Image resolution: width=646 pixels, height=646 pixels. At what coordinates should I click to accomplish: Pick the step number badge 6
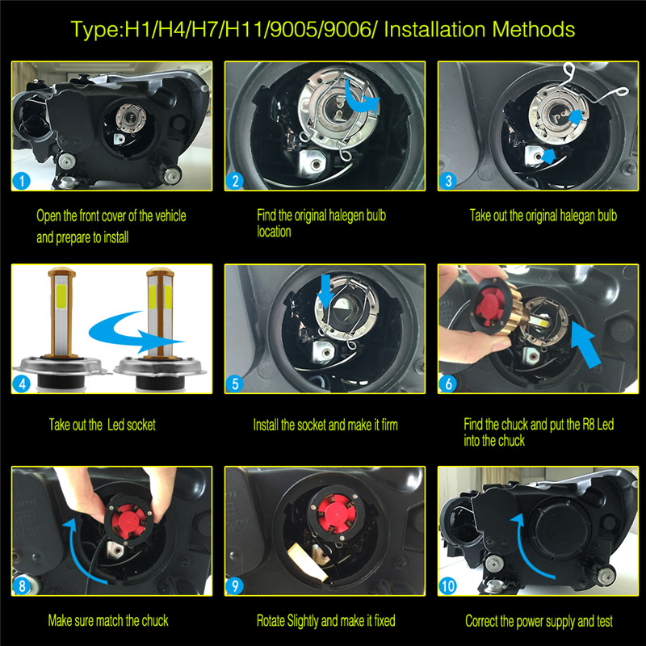[x=449, y=384]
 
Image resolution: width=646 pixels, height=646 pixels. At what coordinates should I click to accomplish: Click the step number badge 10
[x=449, y=585]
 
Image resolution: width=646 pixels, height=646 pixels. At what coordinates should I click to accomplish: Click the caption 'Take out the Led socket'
[x=102, y=425]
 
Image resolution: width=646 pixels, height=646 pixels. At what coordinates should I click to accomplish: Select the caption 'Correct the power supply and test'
[x=539, y=621]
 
